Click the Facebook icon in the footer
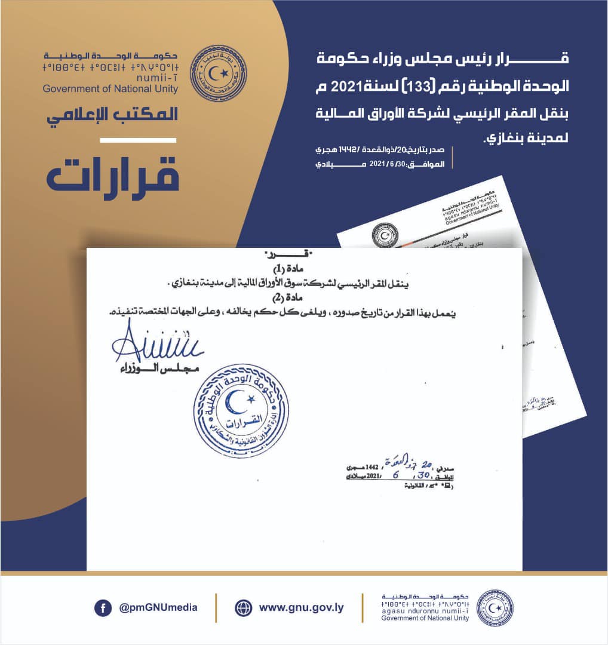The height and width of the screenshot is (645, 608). pos(103,608)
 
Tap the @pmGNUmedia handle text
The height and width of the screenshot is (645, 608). pos(158,608)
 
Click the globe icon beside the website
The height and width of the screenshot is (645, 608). pos(244,608)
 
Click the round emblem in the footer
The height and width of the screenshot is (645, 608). pos(495,608)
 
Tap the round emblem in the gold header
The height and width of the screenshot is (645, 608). pos(218,73)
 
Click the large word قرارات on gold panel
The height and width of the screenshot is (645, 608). pos(113,175)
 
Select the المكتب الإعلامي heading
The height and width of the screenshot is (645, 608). pos(113,114)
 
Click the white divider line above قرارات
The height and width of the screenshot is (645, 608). pos(137,140)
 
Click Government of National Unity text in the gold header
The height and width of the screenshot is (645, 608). pos(110,89)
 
